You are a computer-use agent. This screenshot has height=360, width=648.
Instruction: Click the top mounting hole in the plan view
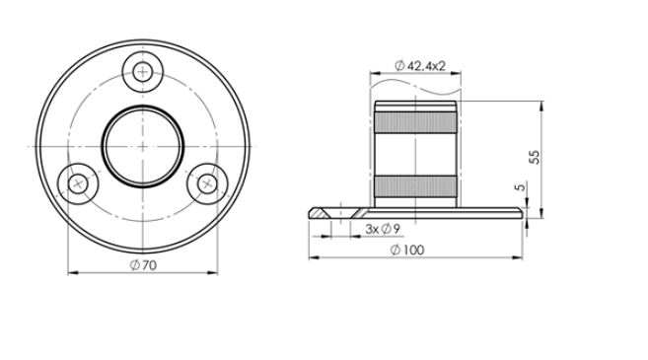coord(145,70)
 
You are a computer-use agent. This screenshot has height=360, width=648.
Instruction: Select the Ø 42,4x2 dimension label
coord(419,64)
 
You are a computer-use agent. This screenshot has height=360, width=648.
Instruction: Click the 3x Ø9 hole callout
coord(382,229)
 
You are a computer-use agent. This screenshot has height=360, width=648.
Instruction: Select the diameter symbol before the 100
coord(395,251)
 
